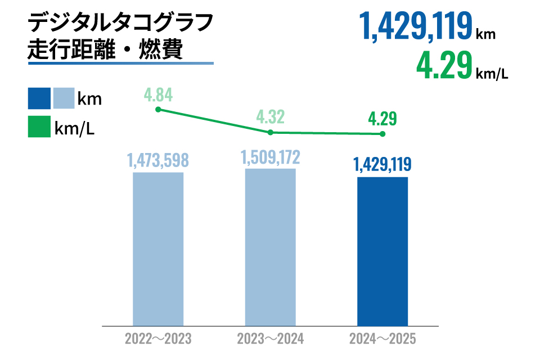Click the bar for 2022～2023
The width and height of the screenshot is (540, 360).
tap(158, 249)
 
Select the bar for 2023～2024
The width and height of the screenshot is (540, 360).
tap(270, 247)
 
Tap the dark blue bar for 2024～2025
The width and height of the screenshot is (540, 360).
tap(382, 251)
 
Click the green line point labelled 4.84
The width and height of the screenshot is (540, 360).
tap(158, 109)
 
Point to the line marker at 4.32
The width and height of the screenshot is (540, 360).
tap(270, 132)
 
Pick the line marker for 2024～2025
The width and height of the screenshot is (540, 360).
tap(382, 134)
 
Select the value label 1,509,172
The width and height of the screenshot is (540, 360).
tap(270, 157)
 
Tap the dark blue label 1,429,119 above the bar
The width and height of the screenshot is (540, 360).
tap(382, 165)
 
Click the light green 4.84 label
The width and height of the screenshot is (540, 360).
tap(158, 93)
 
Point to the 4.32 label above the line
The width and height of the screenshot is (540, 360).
tap(270, 117)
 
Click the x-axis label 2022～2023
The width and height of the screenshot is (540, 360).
tap(158, 339)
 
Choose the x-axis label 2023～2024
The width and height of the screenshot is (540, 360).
tap(270, 339)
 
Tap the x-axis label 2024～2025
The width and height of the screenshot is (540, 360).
tap(382, 339)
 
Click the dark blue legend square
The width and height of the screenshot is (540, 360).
tap(39, 98)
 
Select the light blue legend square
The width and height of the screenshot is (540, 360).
tap(64, 98)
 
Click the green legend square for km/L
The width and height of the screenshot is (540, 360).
tap(39, 128)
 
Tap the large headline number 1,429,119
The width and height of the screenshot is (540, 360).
tap(417, 27)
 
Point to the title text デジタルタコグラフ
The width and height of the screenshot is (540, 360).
tap(120, 24)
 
